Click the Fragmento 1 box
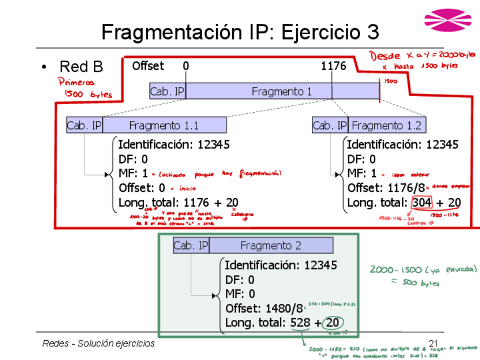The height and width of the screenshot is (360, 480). (281, 91)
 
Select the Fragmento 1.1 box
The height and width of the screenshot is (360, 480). (164, 125)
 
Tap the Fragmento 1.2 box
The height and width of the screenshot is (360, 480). (387, 125)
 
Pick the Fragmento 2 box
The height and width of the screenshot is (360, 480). (271, 245)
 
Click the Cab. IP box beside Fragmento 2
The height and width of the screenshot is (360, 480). (191, 245)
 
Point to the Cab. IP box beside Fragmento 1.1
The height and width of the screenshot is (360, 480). (84, 125)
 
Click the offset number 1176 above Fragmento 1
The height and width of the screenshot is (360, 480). (333, 66)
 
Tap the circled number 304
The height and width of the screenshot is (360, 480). (422, 203)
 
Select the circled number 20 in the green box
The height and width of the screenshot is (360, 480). (333, 323)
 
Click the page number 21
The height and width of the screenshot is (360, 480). (434, 344)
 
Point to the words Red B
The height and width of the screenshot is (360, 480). (81, 67)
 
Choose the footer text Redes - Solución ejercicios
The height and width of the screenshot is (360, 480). (98, 344)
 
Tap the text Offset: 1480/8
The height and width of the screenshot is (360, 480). (265, 308)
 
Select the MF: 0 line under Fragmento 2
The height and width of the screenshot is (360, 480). (240, 294)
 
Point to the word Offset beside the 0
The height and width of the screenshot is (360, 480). (148, 66)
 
